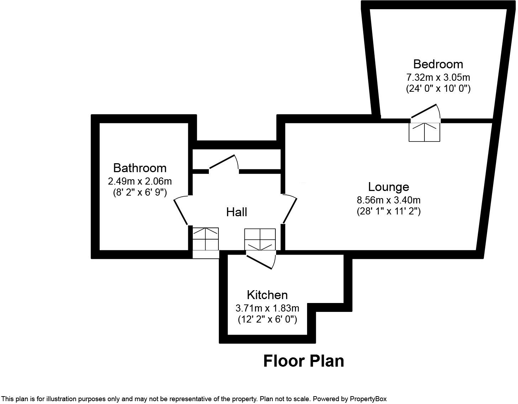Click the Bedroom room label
438,64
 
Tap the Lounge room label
388,187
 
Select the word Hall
237,212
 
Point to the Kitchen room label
267,295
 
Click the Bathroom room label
140,168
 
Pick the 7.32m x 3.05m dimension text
438,78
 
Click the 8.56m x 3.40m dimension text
388,200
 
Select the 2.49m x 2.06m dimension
140,181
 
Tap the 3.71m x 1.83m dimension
267,308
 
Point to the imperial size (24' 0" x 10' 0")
438,89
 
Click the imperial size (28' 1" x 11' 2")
388,211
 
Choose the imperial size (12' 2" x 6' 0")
267,319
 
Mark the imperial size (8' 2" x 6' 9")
140,192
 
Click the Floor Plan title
303,361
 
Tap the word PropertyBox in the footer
368,399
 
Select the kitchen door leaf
259,262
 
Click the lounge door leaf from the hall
290,211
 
